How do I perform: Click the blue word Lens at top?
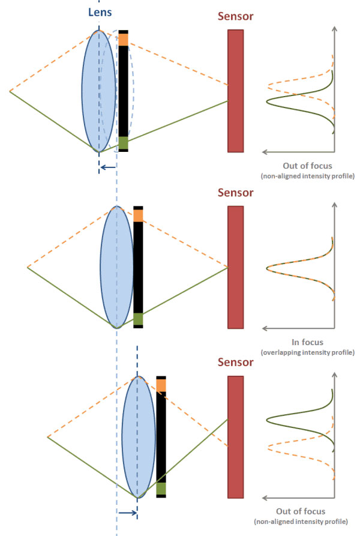99,11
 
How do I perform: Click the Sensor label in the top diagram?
235,17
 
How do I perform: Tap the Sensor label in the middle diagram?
235,193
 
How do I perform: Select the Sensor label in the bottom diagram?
235,364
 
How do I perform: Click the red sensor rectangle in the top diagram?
236,90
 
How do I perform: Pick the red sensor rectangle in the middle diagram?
236,266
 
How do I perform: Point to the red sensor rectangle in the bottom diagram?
236,437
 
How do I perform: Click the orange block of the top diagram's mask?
123,39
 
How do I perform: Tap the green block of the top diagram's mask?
123,143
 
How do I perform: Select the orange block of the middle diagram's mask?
139,215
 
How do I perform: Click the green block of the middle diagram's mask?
139,319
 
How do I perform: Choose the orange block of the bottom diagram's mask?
161,385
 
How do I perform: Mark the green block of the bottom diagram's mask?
161,489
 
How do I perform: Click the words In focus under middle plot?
307,342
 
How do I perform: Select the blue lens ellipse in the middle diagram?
117,266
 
